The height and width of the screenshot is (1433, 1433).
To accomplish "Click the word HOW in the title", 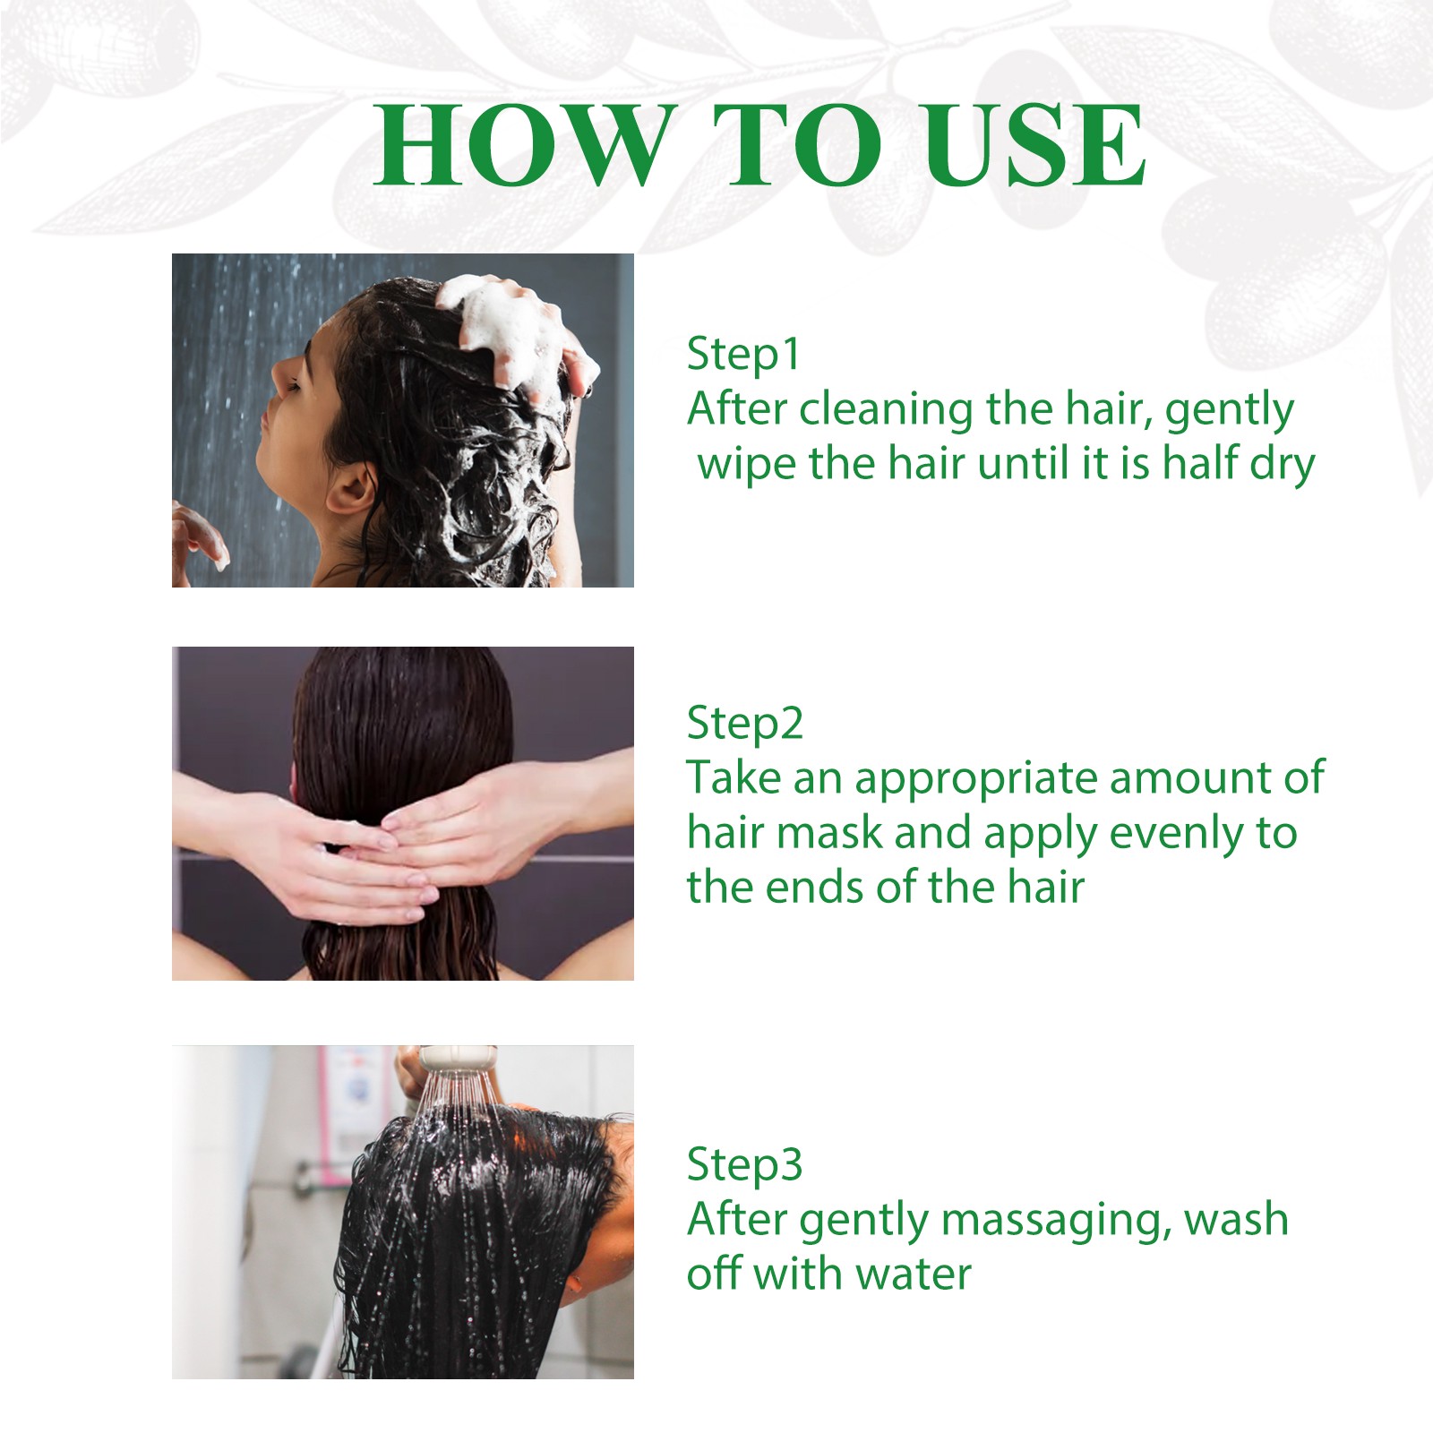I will pyautogui.click(x=525, y=145).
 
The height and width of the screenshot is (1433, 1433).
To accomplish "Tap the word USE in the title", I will pyautogui.click(x=1034, y=145).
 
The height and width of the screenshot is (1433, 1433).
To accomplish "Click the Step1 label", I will pyautogui.click(x=742, y=355).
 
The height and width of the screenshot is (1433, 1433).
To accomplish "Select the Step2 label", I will pyautogui.click(x=744, y=724).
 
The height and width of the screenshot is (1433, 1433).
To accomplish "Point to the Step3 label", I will pyautogui.click(x=744, y=1165).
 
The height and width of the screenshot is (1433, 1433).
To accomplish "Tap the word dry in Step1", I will pyautogui.click(x=1282, y=466).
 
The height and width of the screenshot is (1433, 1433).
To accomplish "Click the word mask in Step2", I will pyautogui.click(x=829, y=833).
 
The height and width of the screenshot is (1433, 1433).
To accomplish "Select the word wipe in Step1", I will pyautogui.click(x=746, y=466).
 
